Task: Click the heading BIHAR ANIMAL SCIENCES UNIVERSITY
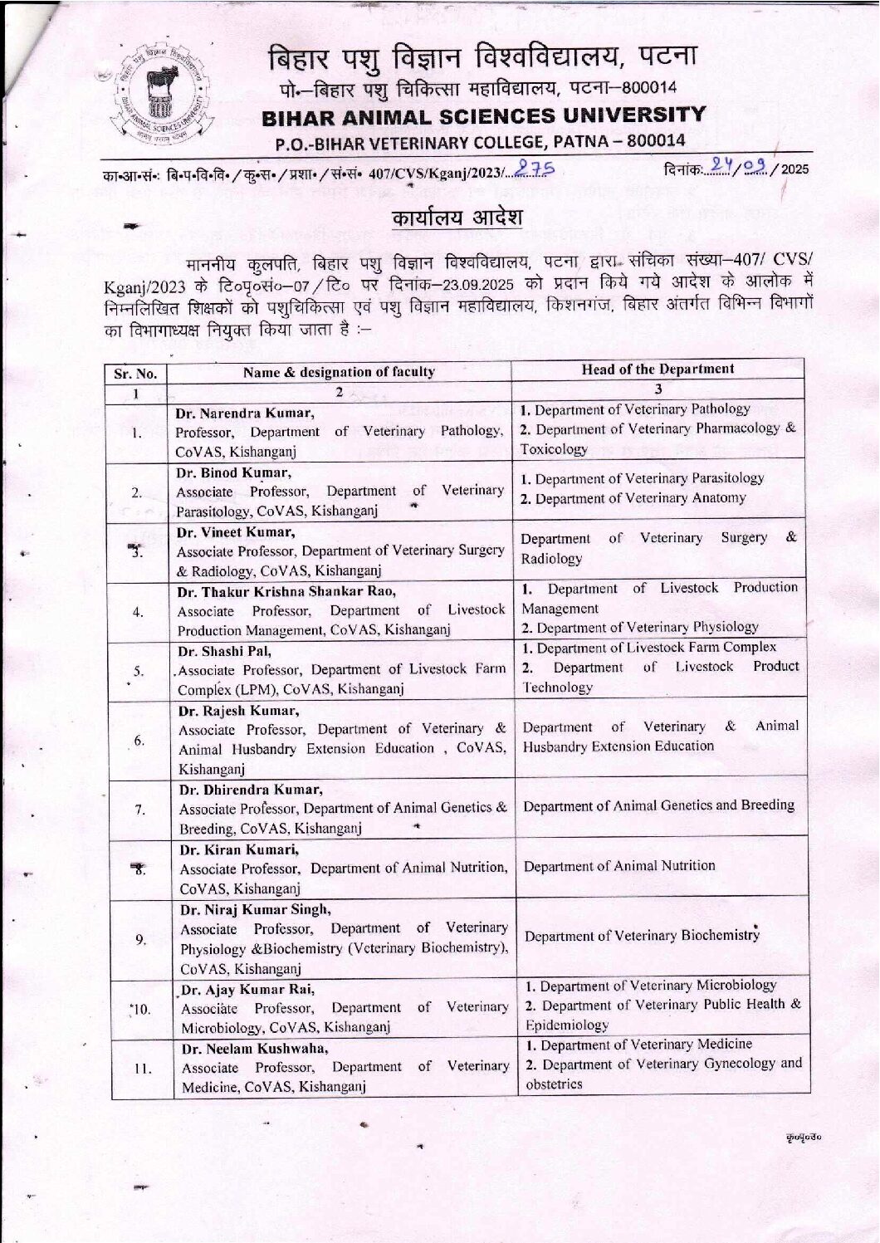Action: pos(484,115)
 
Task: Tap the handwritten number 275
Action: pos(534,169)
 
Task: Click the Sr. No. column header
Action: pos(135,373)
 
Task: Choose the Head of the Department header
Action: pos(658,369)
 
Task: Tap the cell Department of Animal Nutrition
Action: pos(619,866)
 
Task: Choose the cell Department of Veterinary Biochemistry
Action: pos(642,936)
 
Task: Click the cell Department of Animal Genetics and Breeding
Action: pos(659,805)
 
